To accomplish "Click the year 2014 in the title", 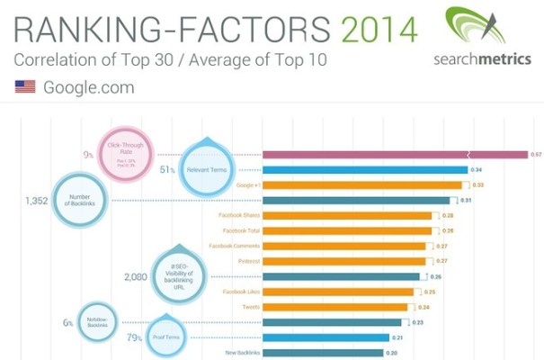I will [x=379, y=30].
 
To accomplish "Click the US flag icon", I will [x=25, y=87].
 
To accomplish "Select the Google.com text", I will [x=88, y=87].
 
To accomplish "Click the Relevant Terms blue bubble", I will [x=209, y=168].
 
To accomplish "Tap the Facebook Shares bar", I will [x=347, y=216].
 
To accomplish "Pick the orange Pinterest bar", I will [x=343, y=261].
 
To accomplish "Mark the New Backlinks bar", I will [x=325, y=352].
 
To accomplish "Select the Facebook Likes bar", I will [x=337, y=292].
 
